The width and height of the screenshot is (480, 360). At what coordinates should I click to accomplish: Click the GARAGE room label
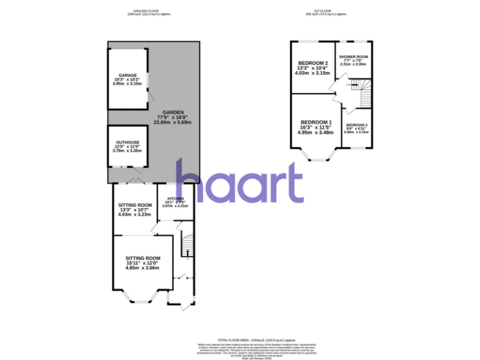click(127, 75)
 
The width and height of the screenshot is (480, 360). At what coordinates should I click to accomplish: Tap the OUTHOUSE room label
click(127, 142)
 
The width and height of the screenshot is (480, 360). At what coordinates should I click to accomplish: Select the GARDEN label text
click(173, 112)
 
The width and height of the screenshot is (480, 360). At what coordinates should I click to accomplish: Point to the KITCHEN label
click(175, 198)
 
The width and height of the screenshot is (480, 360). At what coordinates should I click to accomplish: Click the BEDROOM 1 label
click(316, 122)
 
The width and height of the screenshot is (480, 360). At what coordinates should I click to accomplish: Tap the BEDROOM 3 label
click(356, 125)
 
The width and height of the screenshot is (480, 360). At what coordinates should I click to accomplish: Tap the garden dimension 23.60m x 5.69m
click(173, 122)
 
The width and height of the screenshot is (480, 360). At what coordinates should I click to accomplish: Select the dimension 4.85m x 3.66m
click(142, 268)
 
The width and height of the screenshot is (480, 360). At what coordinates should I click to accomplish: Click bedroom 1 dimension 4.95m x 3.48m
click(316, 132)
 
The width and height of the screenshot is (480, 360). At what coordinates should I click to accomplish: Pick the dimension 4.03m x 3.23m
click(134, 214)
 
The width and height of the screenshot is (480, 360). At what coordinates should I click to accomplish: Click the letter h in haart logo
click(189, 181)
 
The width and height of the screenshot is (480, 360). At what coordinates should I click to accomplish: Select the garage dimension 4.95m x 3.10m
click(127, 84)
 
